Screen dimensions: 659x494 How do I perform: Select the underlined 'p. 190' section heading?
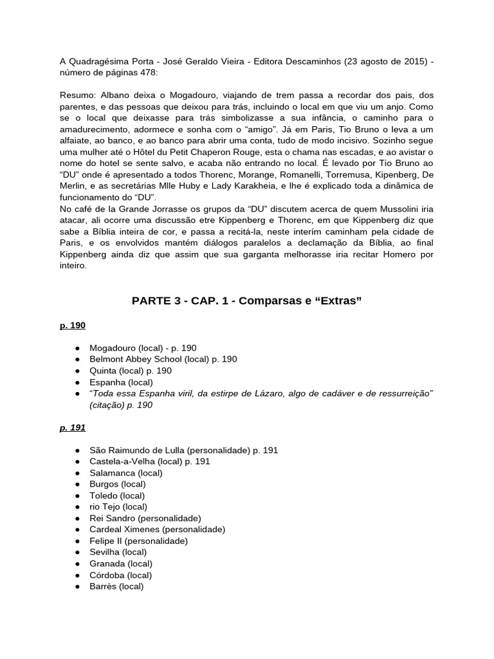point(72,326)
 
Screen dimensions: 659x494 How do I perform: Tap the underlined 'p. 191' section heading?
point(72,427)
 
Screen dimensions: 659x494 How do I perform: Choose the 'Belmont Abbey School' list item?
point(136,359)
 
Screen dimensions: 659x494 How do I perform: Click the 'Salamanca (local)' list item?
point(126,473)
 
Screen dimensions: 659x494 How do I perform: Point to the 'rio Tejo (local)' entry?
point(118,506)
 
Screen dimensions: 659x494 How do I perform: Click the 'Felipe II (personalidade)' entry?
point(138,541)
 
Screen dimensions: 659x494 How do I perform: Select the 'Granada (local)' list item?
point(121,564)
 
